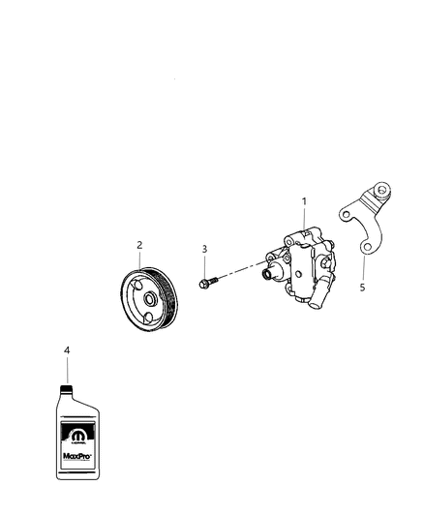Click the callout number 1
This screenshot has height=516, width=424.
pyautogui.click(x=304, y=201)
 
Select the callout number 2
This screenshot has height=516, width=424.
pyautogui.click(x=138, y=245)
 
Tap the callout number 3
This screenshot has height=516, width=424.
pyautogui.click(x=204, y=250)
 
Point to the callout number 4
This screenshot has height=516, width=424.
pyautogui.click(x=66, y=349)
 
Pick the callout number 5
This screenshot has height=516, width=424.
pyautogui.click(x=363, y=287)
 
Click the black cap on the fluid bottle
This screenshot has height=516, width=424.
pyautogui.click(x=66, y=390)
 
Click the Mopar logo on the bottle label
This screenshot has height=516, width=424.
pyautogui.click(x=78, y=436)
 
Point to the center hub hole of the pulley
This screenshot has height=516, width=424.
pyautogui.click(x=150, y=299)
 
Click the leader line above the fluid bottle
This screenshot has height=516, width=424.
pyautogui.click(x=66, y=370)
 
